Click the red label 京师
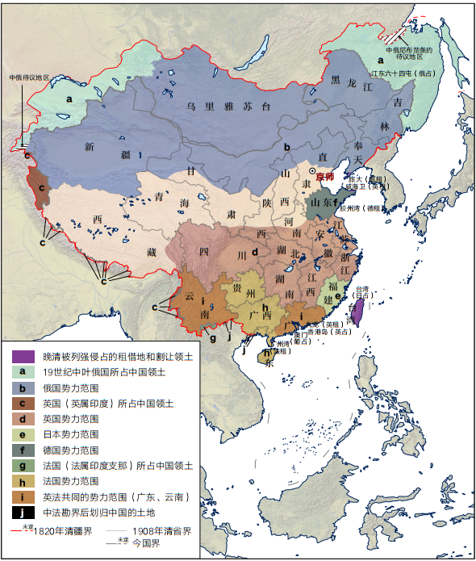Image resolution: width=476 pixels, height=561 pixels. tap(324, 177)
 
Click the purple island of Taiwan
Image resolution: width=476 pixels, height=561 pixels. tap(357, 311)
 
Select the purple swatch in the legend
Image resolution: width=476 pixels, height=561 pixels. tap(23, 356)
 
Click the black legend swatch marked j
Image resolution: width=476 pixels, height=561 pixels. tap(23, 511)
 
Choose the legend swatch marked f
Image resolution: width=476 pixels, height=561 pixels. tap(23, 450)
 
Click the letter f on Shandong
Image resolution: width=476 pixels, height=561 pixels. tap(336, 203)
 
